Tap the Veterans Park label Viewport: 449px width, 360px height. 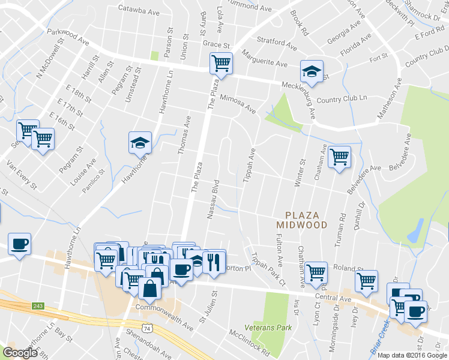tap(268, 328)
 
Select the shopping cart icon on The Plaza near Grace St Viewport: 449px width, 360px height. tap(221, 62)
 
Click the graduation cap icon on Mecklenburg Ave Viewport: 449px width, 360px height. tap(312, 71)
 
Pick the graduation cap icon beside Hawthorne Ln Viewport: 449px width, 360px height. tap(139, 143)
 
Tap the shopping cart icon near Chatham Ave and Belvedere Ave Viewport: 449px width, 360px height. tap(340, 157)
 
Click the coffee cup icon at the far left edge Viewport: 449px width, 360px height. tap(19, 244)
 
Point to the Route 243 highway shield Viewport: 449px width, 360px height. tap(38, 306)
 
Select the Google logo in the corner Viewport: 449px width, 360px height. tap(20, 353)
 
